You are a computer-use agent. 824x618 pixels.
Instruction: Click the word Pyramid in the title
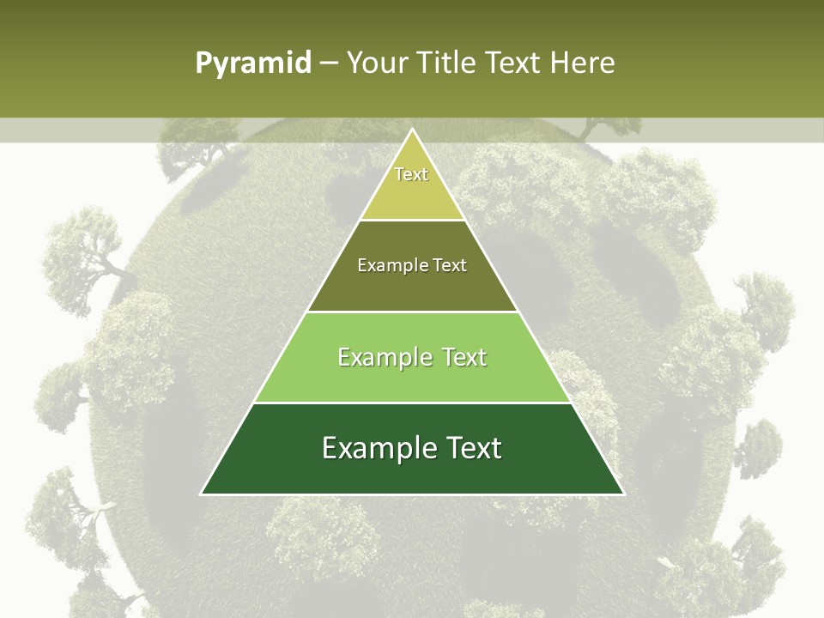252,64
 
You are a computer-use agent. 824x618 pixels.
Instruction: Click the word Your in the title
377,64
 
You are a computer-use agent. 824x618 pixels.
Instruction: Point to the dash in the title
329,64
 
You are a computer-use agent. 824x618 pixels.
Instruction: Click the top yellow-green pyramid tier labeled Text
412,185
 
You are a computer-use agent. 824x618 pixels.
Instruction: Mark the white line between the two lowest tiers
412,403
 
